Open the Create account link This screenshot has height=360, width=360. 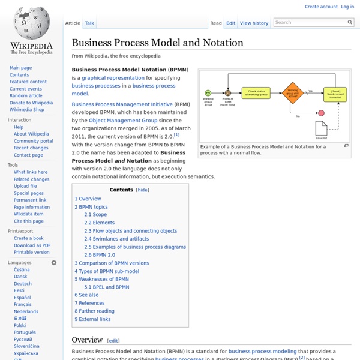click(321, 7)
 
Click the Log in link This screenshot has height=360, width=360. click(347, 7)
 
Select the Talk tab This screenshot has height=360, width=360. click(89, 23)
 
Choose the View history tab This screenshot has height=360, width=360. click(254, 23)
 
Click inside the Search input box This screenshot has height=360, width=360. click(312, 23)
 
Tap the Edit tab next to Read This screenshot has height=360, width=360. click(231, 23)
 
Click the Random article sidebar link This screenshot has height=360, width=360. click(26, 95)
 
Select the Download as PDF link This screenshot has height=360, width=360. click(32, 245)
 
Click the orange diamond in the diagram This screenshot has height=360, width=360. click(292, 92)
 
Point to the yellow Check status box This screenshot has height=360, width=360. click(255, 92)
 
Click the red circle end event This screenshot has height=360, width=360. click(321, 113)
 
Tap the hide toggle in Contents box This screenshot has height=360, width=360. click(143, 190)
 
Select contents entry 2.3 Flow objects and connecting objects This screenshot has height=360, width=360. click(131, 230)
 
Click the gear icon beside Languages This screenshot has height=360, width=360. click(53, 263)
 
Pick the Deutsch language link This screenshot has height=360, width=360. click(23, 284)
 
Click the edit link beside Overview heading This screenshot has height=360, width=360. click(113, 340)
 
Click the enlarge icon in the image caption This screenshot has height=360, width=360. click(346, 146)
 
